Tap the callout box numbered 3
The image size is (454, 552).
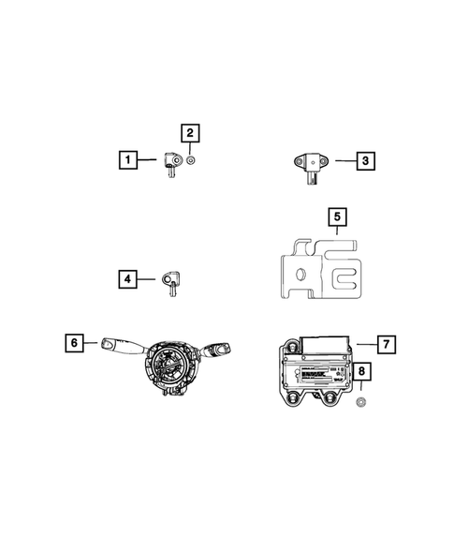[366, 161]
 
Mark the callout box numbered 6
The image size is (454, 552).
[71, 344]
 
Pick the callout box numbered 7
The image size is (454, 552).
[387, 343]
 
